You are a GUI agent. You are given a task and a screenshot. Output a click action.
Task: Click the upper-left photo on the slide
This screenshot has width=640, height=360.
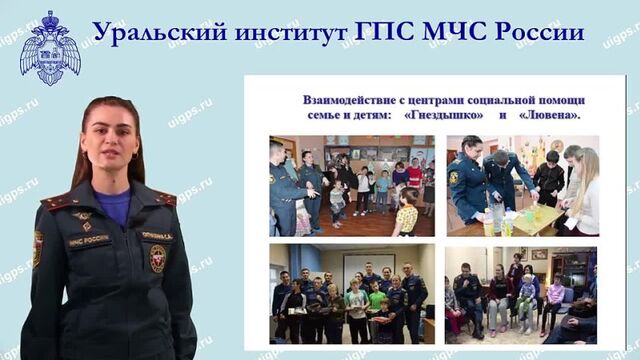point(351,185)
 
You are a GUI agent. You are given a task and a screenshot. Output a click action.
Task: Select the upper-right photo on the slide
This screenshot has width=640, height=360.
point(522,185)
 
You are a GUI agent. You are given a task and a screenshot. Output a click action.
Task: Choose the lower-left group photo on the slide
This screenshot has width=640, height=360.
point(351,294)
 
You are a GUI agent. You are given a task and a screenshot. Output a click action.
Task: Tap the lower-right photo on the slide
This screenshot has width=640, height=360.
point(521,294)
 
